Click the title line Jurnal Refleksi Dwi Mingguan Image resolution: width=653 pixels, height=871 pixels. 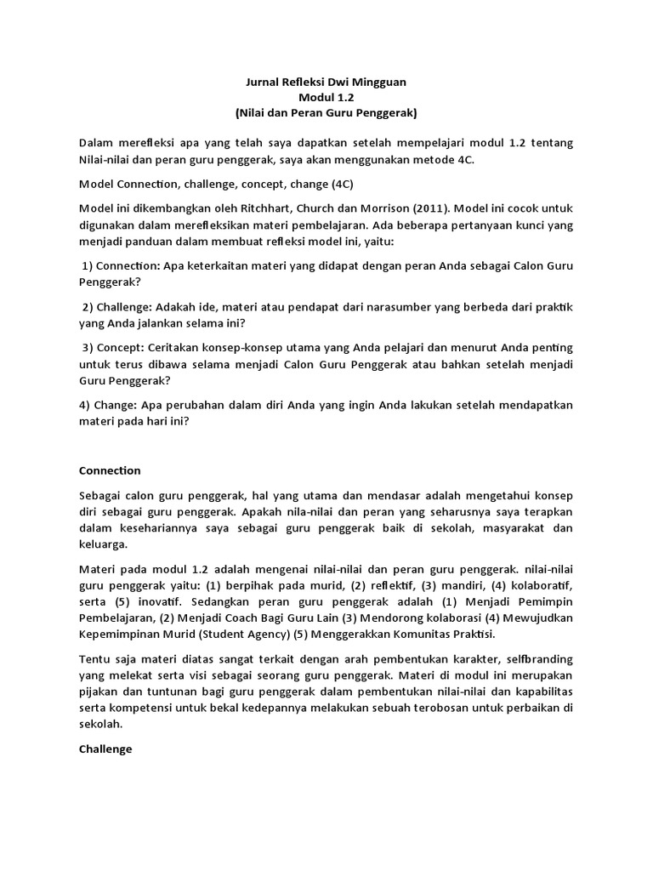click(326, 83)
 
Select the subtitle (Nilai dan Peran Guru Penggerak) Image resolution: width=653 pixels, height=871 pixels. click(326, 111)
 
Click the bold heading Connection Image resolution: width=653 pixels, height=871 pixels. click(110, 470)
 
